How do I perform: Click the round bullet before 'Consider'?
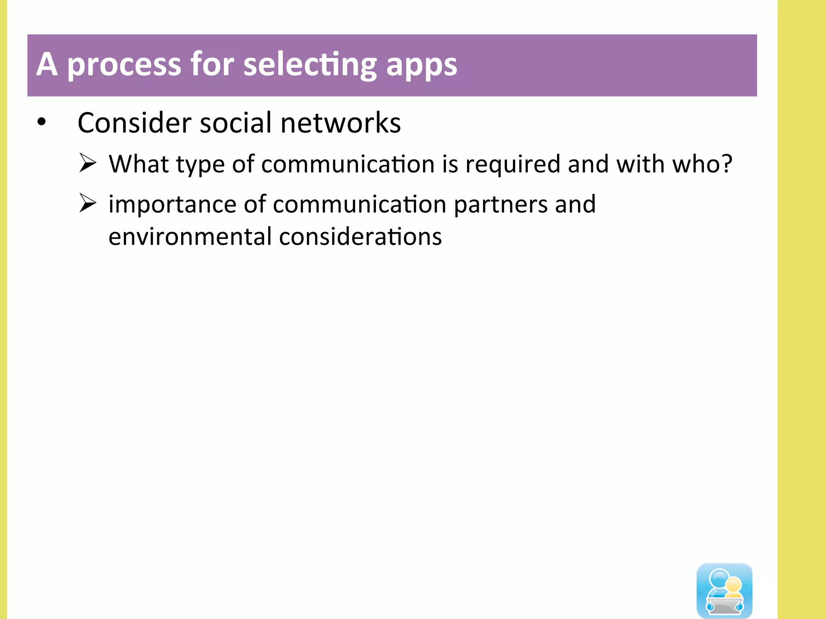pyautogui.click(x=42, y=122)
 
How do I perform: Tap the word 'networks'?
pyautogui.click(x=340, y=123)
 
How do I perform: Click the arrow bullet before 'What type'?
pyautogui.click(x=88, y=163)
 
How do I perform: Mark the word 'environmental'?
pyautogui.click(x=190, y=237)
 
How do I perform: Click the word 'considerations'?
pyautogui.click(x=360, y=237)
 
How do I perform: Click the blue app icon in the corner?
pyautogui.click(x=724, y=590)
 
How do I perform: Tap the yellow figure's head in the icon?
pyautogui.click(x=733, y=584)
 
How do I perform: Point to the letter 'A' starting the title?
pyautogui.click(x=47, y=64)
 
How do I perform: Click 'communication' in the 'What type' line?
pyautogui.click(x=348, y=164)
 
